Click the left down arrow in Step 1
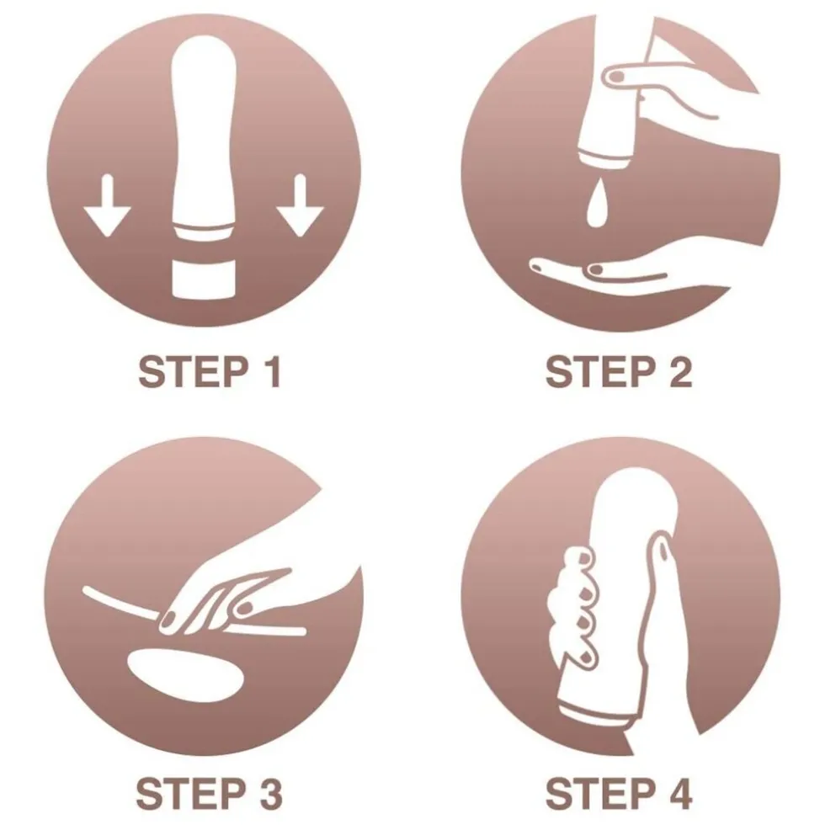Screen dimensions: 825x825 (x=107, y=205)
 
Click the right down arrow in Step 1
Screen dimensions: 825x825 (x=300, y=205)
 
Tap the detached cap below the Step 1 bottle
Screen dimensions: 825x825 (x=204, y=279)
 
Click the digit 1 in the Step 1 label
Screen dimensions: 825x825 (x=272, y=372)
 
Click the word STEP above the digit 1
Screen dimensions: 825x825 (x=193, y=372)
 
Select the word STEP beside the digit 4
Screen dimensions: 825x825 (x=601, y=793)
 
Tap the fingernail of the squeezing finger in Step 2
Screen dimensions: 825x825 (x=616, y=77)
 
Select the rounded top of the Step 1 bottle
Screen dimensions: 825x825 (x=204, y=52)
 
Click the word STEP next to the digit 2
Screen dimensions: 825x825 (x=601, y=372)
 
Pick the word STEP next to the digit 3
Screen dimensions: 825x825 (x=192, y=793)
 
